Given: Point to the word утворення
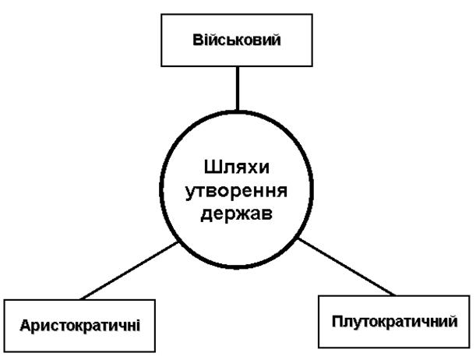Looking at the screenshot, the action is pos(238,192).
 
